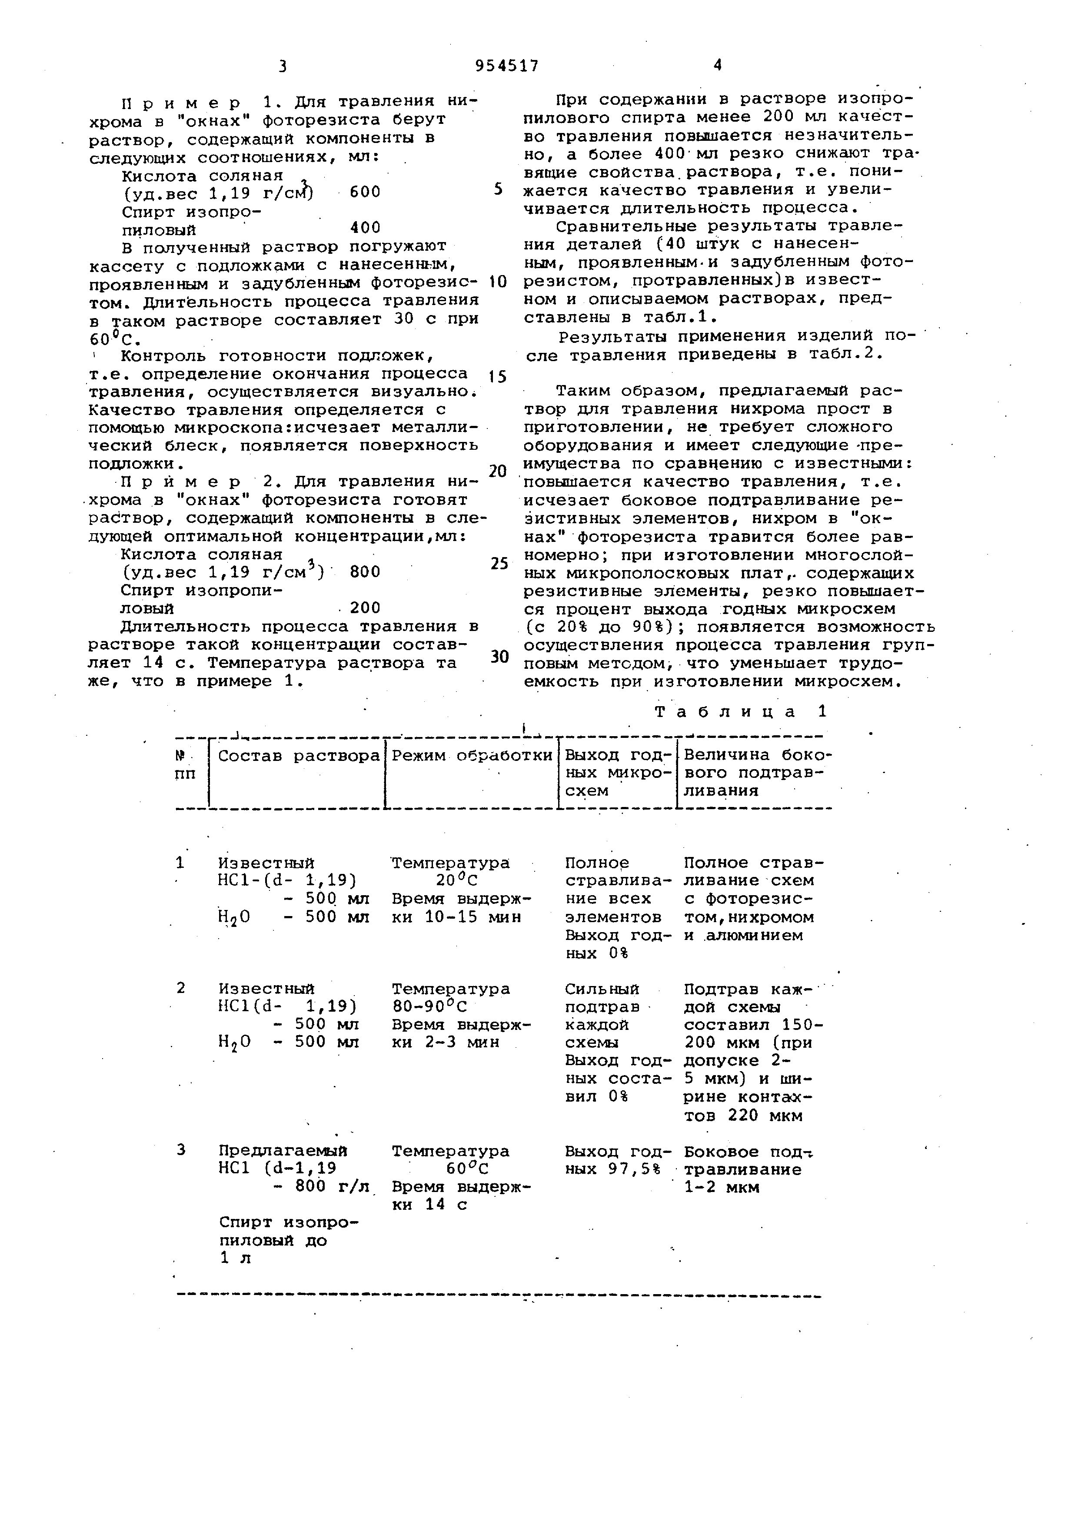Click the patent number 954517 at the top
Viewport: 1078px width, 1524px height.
tap(507, 66)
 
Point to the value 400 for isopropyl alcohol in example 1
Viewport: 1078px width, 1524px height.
tap(365, 228)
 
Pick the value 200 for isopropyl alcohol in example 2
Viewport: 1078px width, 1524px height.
tap(365, 608)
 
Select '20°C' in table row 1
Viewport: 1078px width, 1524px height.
tap(457, 881)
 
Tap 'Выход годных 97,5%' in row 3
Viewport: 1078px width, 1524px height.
tap(617, 1160)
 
